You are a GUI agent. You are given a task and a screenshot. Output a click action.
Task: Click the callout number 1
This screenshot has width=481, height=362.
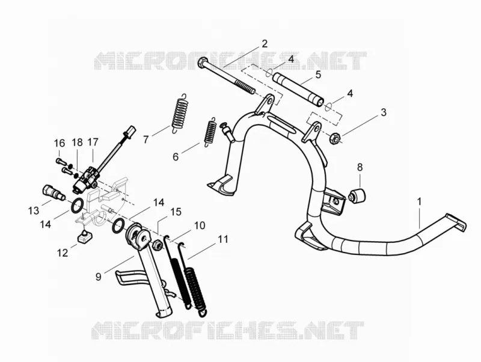point(418,201)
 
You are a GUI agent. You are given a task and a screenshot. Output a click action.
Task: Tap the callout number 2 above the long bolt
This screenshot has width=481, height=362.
point(264,43)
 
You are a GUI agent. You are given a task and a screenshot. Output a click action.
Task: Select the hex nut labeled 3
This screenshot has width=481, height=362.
point(336,138)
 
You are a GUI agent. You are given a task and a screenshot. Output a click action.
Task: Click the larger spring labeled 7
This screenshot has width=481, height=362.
point(180,113)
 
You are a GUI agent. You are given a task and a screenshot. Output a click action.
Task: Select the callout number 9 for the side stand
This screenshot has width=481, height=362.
point(98,277)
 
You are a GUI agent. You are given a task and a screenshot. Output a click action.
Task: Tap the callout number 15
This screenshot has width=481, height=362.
point(176,212)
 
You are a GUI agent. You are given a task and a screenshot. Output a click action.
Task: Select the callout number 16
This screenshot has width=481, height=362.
point(60,143)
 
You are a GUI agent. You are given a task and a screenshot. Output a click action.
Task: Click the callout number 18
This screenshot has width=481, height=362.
point(78,143)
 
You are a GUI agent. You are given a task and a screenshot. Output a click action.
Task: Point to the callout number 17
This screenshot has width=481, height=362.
point(93,142)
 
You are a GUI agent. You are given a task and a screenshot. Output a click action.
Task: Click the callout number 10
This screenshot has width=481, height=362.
point(200,225)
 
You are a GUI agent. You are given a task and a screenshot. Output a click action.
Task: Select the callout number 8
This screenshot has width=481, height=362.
point(360,167)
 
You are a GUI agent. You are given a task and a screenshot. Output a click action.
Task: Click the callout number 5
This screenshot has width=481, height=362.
point(318,75)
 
